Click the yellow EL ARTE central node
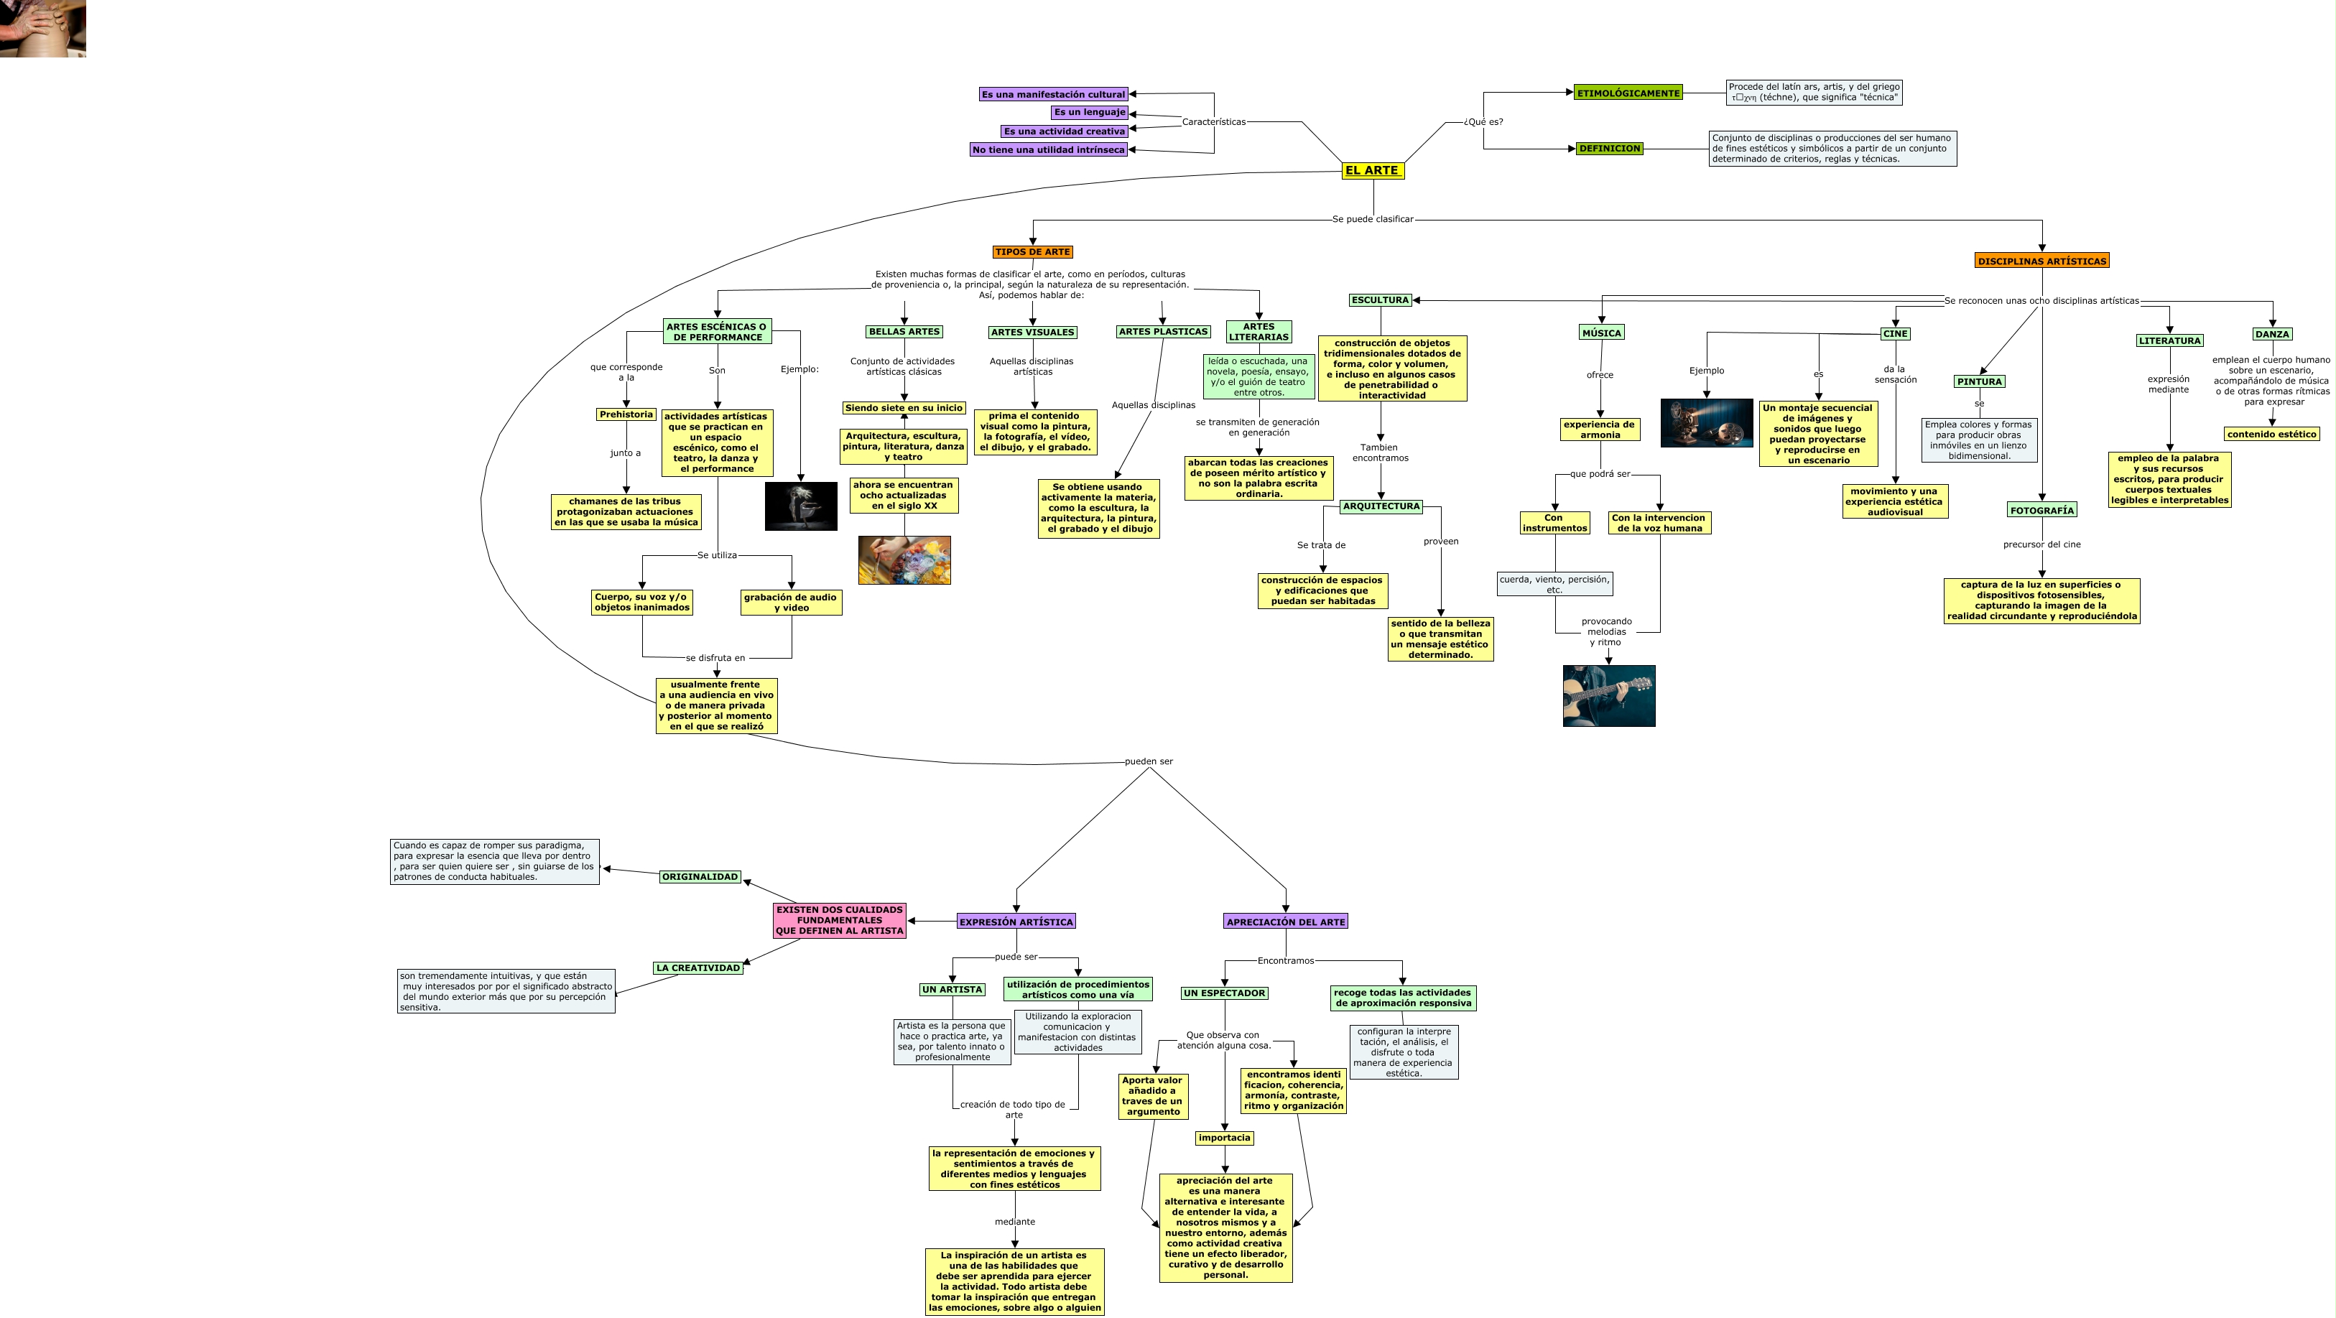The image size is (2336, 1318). pos(1372,170)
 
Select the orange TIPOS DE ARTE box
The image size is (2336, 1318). pos(1032,252)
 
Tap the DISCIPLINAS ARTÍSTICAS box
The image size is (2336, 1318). pos(2041,261)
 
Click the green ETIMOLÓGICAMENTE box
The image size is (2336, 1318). pos(1628,93)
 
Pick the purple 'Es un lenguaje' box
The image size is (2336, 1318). pos(1089,112)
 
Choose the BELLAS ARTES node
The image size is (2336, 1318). pos(904,332)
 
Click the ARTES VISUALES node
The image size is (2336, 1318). pos(1032,333)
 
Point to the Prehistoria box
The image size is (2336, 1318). pos(626,414)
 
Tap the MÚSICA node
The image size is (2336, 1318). pos(1601,333)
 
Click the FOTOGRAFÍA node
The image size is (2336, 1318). pos(2041,511)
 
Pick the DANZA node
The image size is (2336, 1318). pos(2271,335)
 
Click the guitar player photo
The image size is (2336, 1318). pos(1609,696)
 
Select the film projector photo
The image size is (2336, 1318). pos(1706,423)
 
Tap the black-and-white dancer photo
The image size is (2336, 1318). pos(801,506)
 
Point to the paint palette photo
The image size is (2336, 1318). pos(904,560)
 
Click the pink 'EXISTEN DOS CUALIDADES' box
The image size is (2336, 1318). pos(839,920)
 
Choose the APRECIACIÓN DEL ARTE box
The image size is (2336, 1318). pos(1285,922)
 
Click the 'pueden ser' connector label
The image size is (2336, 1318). pos(1148,761)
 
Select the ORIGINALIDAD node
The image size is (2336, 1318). pos(699,876)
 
